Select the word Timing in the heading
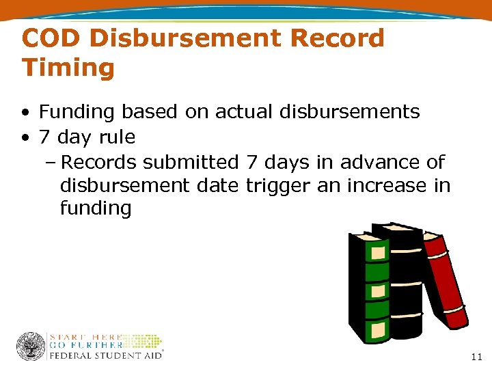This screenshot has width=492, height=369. pyautogui.click(x=68, y=68)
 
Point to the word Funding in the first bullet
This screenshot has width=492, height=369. pyautogui.click(x=74, y=111)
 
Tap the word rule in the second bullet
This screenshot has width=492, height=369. pyautogui.click(x=117, y=137)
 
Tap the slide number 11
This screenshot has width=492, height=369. pyautogui.click(x=476, y=357)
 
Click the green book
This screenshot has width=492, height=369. pyautogui.click(x=368, y=287)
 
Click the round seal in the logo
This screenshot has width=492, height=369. pyautogui.click(x=31, y=346)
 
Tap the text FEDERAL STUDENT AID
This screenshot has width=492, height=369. pyautogui.click(x=106, y=355)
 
